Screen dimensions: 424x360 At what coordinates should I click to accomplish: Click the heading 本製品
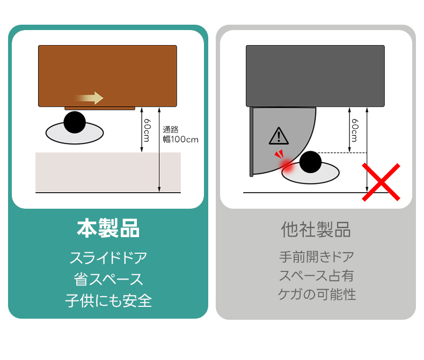tap(108, 229)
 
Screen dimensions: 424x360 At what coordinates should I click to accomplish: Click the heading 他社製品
tap(316, 230)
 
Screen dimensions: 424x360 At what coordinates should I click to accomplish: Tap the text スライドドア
tap(108, 258)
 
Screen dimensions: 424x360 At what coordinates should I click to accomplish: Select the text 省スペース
tap(108, 279)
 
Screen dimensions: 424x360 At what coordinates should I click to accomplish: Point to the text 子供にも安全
tap(108, 301)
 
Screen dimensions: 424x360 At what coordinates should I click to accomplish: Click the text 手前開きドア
tap(317, 256)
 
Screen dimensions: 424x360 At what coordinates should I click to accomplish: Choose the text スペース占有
tap(316, 275)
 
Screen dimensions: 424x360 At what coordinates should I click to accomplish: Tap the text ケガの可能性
tap(317, 294)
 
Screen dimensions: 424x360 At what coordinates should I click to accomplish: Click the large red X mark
tap(381, 182)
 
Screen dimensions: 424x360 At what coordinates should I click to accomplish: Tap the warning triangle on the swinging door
tap(279, 136)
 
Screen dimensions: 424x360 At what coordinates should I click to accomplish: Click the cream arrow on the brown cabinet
tap(90, 98)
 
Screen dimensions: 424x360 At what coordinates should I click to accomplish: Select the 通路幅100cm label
tap(180, 135)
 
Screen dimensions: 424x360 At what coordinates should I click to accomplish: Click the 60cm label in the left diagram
tap(147, 130)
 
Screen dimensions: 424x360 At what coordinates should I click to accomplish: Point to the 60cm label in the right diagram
tap(355, 130)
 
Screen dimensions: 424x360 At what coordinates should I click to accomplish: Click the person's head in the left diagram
tap(75, 122)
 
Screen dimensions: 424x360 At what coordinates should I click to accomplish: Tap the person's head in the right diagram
tap(310, 162)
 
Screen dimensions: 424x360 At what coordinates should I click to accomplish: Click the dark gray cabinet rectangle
tap(315, 76)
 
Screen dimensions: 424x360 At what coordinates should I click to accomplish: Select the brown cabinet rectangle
tap(108, 76)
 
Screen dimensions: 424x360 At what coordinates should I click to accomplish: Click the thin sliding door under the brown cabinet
tap(100, 108)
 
